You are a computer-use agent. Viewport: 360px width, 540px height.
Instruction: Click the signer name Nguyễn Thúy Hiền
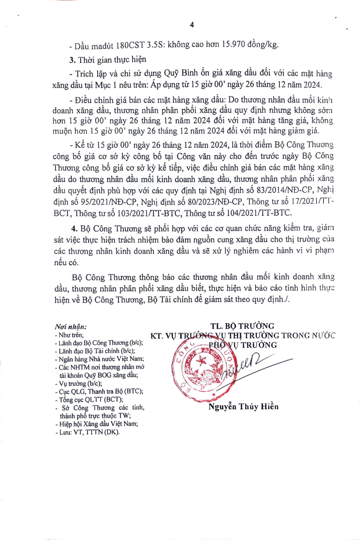(243, 407)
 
